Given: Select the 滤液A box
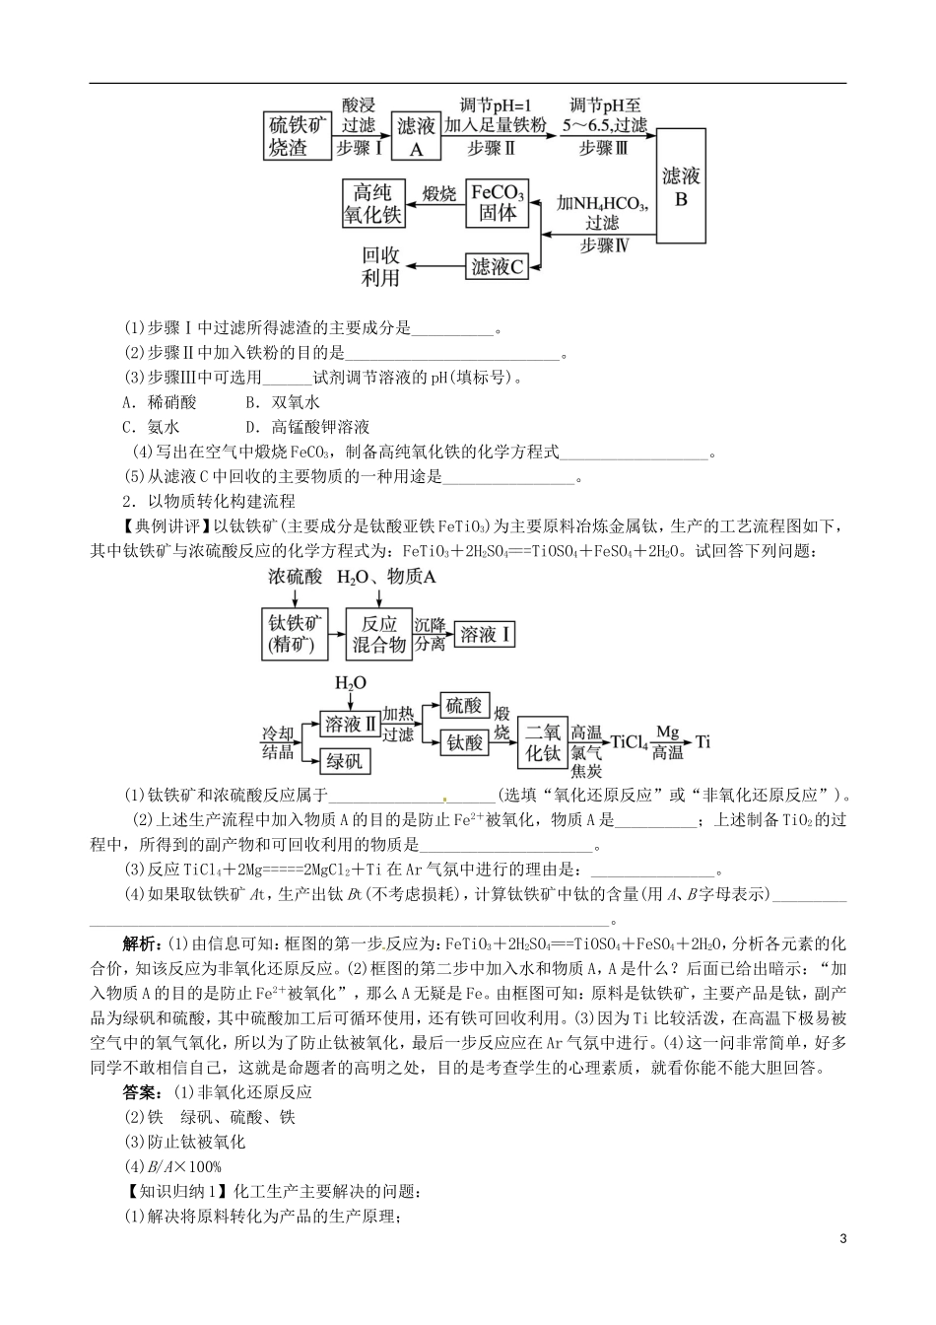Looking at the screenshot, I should tap(416, 136).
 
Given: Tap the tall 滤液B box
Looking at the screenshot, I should tap(681, 185).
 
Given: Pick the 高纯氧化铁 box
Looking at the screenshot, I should tap(372, 203).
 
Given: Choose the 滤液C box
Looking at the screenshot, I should tap(497, 265).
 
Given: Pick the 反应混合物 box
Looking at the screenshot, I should tap(379, 634).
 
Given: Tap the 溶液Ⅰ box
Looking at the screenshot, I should tap(487, 634).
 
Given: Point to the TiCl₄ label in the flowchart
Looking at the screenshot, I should tap(629, 742).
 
